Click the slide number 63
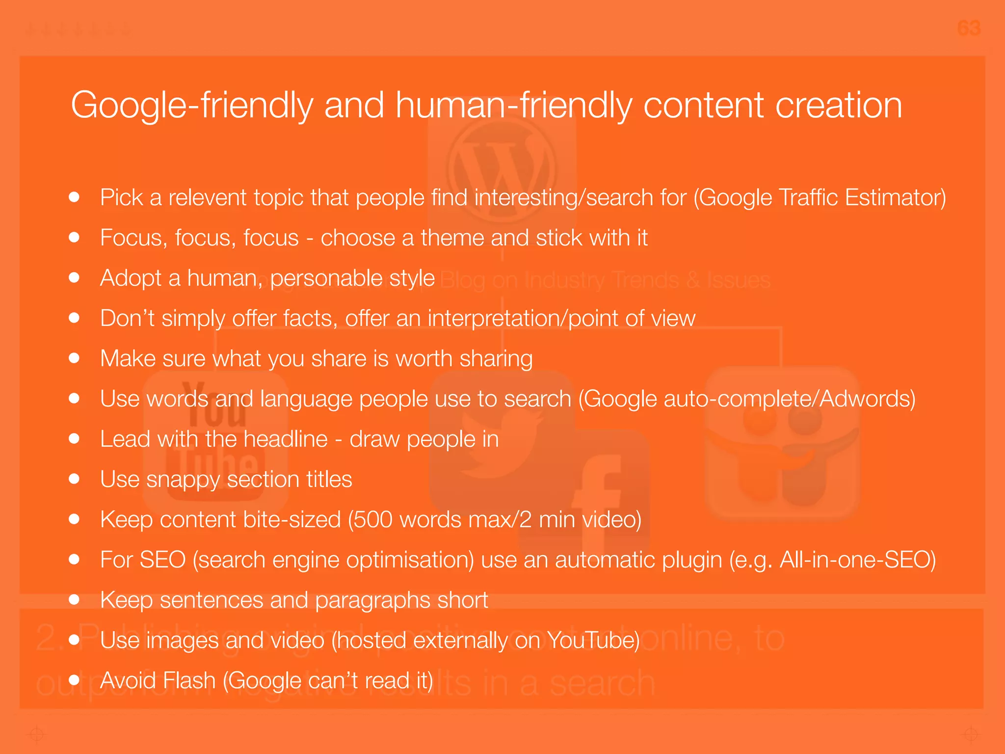tap(969, 28)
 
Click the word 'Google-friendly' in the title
tap(191, 106)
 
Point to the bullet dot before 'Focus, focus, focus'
tap(74, 238)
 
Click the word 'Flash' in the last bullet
tap(189, 681)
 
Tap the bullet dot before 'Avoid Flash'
tap(74, 680)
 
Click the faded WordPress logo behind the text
tap(502, 169)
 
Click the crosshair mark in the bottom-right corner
tap(971, 734)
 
